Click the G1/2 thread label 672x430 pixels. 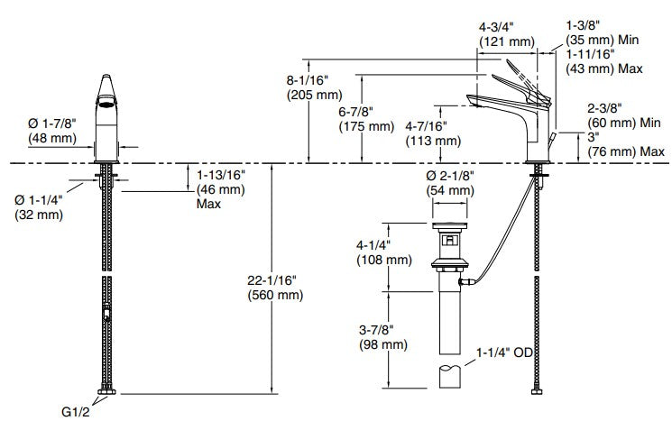tap(76, 412)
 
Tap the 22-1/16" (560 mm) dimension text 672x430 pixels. tap(275, 288)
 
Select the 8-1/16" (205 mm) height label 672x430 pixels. tap(315, 87)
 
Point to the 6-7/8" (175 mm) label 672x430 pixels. tap(366, 119)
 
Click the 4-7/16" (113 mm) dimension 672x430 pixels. tap(433, 133)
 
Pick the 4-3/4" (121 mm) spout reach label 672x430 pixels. tap(507, 34)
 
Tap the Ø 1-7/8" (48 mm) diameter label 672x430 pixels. tap(51, 131)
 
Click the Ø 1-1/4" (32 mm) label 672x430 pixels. tap(39, 207)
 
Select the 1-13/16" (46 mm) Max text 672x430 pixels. tap(221, 189)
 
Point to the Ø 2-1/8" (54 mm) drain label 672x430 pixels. tap(450, 183)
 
